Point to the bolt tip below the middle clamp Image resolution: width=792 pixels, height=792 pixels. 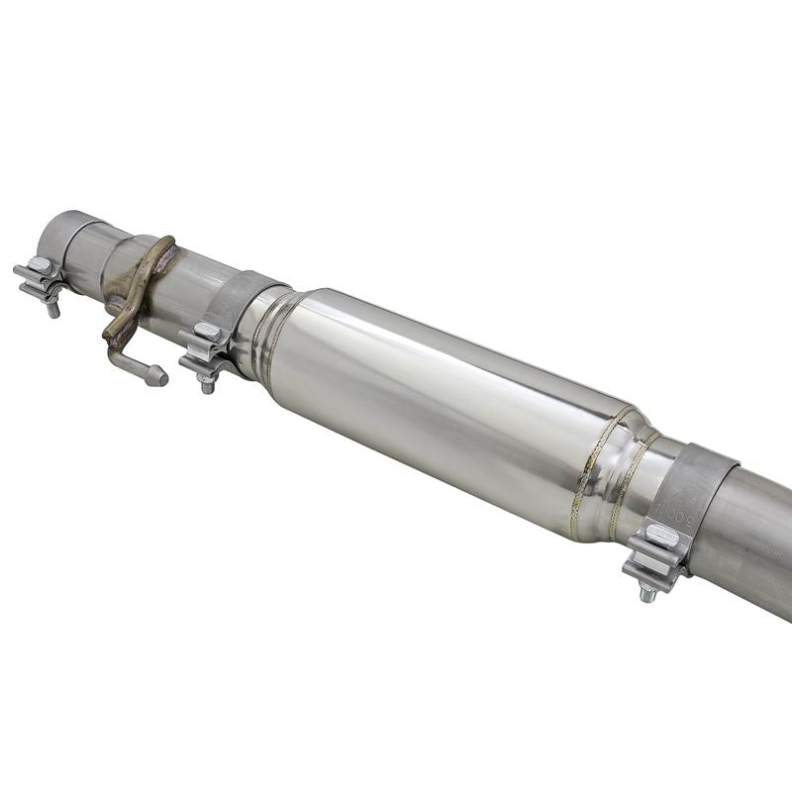point(207,386)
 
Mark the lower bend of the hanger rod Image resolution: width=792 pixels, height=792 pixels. point(113,342)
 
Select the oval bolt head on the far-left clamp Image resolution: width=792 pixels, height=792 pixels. point(41,264)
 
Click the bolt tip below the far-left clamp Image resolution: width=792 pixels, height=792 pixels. point(54,310)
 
